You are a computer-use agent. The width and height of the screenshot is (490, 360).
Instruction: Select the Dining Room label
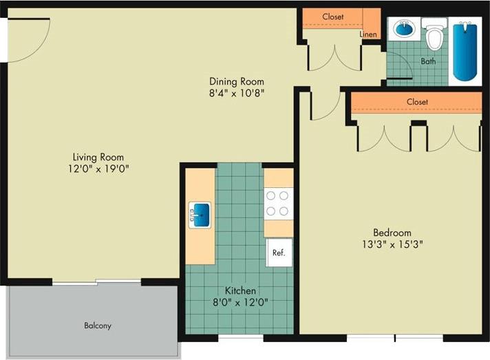(237, 81)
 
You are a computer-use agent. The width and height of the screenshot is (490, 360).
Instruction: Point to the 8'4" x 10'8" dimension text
(237, 92)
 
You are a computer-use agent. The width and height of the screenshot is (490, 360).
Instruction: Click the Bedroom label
(392, 232)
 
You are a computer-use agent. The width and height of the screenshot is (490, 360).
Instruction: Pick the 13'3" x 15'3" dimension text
(392, 243)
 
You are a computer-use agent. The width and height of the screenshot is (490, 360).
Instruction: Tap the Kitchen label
(240, 290)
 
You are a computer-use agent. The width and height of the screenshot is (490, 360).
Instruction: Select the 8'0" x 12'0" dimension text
(240, 301)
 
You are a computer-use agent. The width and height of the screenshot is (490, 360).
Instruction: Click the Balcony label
(98, 326)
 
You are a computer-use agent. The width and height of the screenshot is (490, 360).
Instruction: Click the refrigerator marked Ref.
(279, 253)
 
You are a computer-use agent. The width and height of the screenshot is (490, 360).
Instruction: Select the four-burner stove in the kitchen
(278, 204)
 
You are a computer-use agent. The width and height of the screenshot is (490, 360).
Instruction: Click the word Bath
(428, 61)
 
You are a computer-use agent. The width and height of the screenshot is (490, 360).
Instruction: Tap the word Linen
(367, 34)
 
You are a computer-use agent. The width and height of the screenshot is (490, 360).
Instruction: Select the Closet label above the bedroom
(417, 102)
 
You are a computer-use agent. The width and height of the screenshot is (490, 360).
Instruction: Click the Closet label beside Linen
(333, 17)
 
